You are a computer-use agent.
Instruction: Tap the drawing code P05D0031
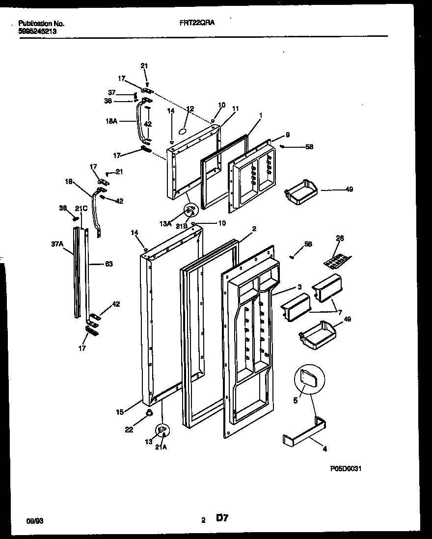pos(346,469)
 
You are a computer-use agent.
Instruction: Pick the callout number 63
pos(109,264)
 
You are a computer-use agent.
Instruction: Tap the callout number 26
pos(340,238)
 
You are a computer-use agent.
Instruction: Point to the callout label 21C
pos(81,208)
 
